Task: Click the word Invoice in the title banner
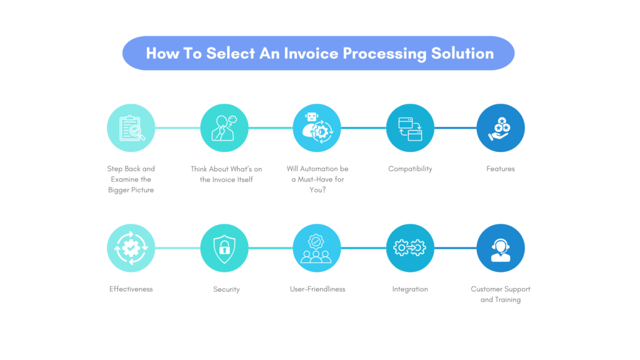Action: coord(311,53)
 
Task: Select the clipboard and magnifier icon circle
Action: coord(131,128)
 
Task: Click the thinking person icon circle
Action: coord(224,128)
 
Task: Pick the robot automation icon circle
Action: coord(317,128)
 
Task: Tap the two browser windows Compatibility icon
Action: coord(410,128)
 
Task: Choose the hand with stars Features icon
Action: coord(501,128)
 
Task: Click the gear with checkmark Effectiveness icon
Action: coord(131,248)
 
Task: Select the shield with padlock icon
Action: coord(224,248)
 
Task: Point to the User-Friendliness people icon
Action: coord(317,248)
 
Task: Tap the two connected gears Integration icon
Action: coord(410,248)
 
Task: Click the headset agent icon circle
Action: coord(501,248)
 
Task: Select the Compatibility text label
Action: coord(410,169)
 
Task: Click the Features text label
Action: coord(501,169)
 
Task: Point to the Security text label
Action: coord(226,289)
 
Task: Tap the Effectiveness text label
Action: coord(131,289)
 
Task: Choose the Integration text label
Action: coord(410,289)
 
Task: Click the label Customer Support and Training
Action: coord(501,294)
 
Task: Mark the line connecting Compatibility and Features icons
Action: coord(455,128)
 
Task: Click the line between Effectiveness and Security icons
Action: coord(177,248)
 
